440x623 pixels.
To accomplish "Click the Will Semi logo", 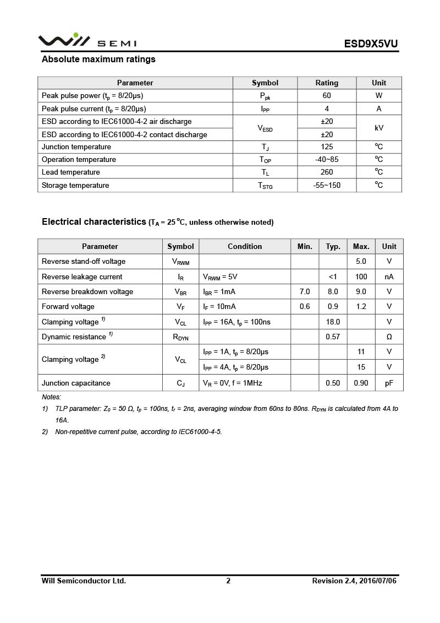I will pyautogui.click(x=87, y=41).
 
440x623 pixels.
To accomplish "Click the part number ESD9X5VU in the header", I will pyautogui.click(x=371, y=44).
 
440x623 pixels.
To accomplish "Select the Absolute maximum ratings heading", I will pyautogui.click(x=98, y=59).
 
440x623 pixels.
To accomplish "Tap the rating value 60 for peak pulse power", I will pyautogui.click(x=327, y=96).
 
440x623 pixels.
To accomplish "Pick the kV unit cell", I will pyautogui.click(x=379, y=128).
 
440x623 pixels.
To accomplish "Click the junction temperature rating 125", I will pyautogui.click(x=327, y=147).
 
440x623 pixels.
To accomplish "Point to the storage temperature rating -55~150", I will pyautogui.click(x=327, y=186).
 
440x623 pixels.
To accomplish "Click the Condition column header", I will pyautogui.click(x=245, y=247).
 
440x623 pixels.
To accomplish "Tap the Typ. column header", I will pyautogui.click(x=333, y=247).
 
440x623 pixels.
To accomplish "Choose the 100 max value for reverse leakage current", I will pyautogui.click(x=361, y=277).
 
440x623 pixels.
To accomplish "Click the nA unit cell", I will pyautogui.click(x=389, y=277).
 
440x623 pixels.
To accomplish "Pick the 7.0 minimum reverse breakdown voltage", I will pyautogui.click(x=305, y=292).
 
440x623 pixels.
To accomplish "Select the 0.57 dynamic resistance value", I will pyautogui.click(x=333, y=337).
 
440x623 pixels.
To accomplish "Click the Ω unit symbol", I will pyautogui.click(x=389, y=337).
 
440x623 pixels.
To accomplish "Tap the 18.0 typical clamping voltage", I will pyautogui.click(x=333, y=322).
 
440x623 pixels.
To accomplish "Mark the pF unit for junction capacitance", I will pyautogui.click(x=389, y=383).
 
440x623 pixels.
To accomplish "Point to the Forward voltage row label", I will pyautogui.click(x=68, y=307).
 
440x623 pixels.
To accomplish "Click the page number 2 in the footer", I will pyautogui.click(x=228, y=581).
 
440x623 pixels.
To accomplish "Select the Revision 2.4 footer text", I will pyautogui.click(x=354, y=581).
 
